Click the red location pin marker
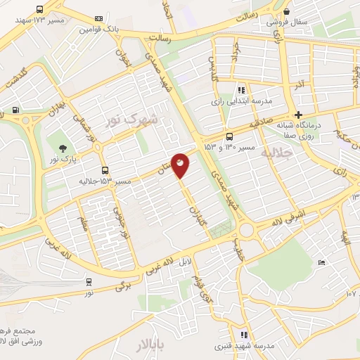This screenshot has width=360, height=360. [x=181, y=165]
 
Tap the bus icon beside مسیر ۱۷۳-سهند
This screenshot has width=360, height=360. [x=39, y=11]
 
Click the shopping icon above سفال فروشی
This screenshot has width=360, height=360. [x=286, y=11]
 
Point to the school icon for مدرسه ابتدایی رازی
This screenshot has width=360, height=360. [x=242, y=90]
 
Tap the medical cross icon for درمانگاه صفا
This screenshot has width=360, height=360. [x=299, y=115]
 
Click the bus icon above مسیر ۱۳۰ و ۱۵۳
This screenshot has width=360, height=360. [x=229, y=137]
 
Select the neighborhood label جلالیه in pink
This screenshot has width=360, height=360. [x=275, y=153]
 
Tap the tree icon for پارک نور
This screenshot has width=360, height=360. [x=63, y=148]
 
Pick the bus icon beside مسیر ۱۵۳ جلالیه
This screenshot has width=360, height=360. [x=105, y=170]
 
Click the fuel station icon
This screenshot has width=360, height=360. [x=15, y=110]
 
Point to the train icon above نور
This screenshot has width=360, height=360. [x=89, y=281]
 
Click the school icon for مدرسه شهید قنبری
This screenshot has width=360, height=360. [x=244, y=335]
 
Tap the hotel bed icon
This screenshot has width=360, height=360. [x=321, y=263]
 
